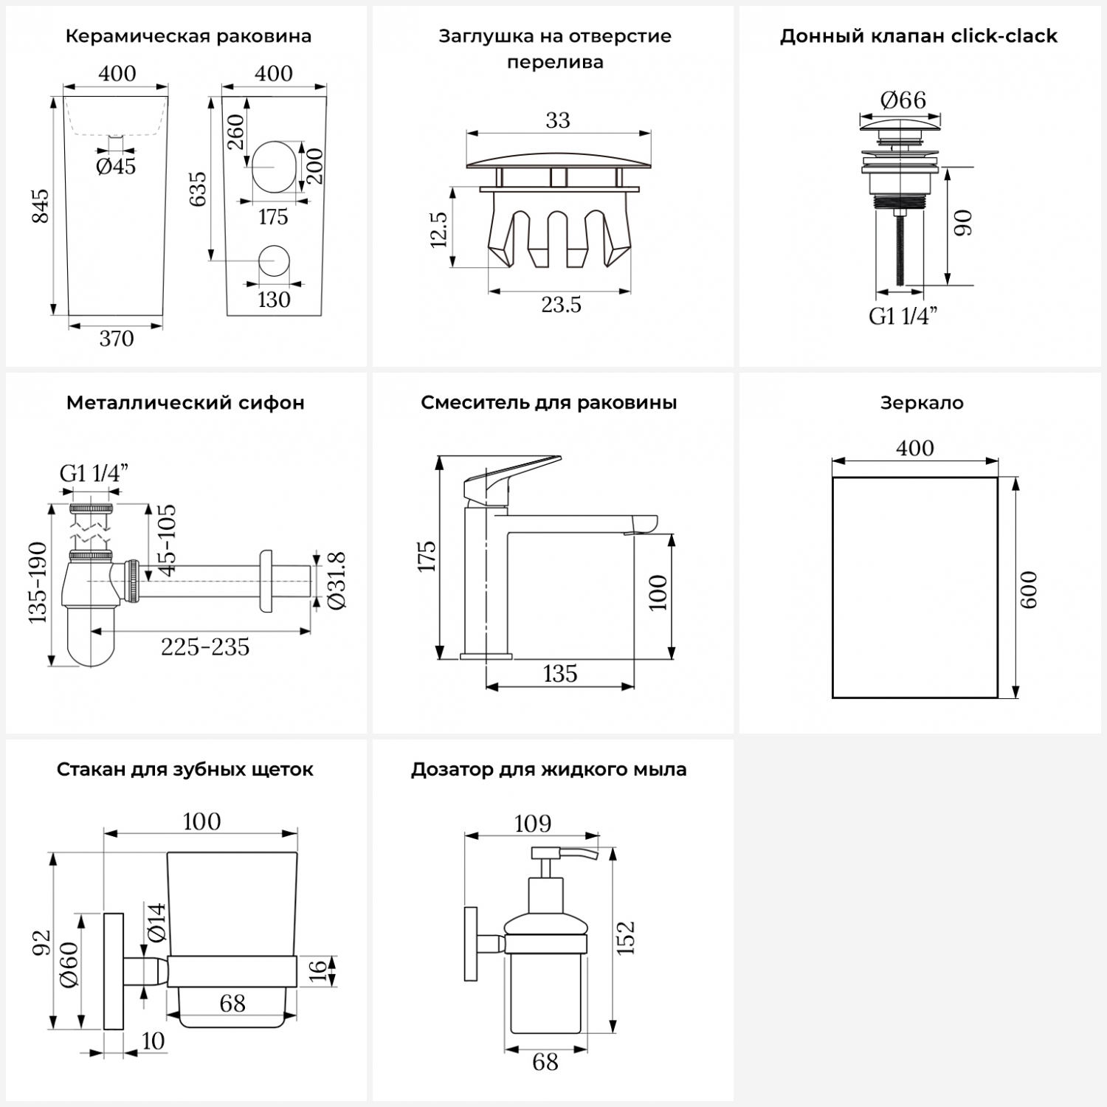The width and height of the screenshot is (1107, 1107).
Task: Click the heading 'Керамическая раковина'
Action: (x=188, y=36)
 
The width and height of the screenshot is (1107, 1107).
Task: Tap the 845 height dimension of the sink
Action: (x=41, y=207)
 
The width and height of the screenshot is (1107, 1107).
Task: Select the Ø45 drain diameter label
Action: (x=117, y=166)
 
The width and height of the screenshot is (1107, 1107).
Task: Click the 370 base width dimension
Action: (x=117, y=339)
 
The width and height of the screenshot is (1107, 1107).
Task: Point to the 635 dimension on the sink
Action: (x=199, y=189)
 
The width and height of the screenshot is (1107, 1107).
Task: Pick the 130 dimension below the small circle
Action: (x=274, y=300)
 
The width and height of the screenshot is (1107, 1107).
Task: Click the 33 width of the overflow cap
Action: (x=558, y=120)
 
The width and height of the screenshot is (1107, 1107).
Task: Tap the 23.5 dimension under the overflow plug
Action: (x=561, y=304)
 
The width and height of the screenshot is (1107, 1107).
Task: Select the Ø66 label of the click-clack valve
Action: (x=903, y=100)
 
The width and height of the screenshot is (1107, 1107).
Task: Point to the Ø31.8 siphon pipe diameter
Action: (x=337, y=581)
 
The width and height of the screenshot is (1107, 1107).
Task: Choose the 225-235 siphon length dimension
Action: (x=205, y=646)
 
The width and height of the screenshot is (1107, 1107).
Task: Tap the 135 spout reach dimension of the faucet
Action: (x=560, y=673)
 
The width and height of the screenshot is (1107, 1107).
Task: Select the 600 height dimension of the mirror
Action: (x=1028, y=589)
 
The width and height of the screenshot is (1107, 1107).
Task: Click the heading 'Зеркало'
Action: (x=922, y=403)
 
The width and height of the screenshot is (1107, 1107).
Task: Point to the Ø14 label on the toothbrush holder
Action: (x=156, y=922)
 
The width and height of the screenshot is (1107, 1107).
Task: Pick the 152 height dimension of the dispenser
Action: (x=626, y=937)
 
